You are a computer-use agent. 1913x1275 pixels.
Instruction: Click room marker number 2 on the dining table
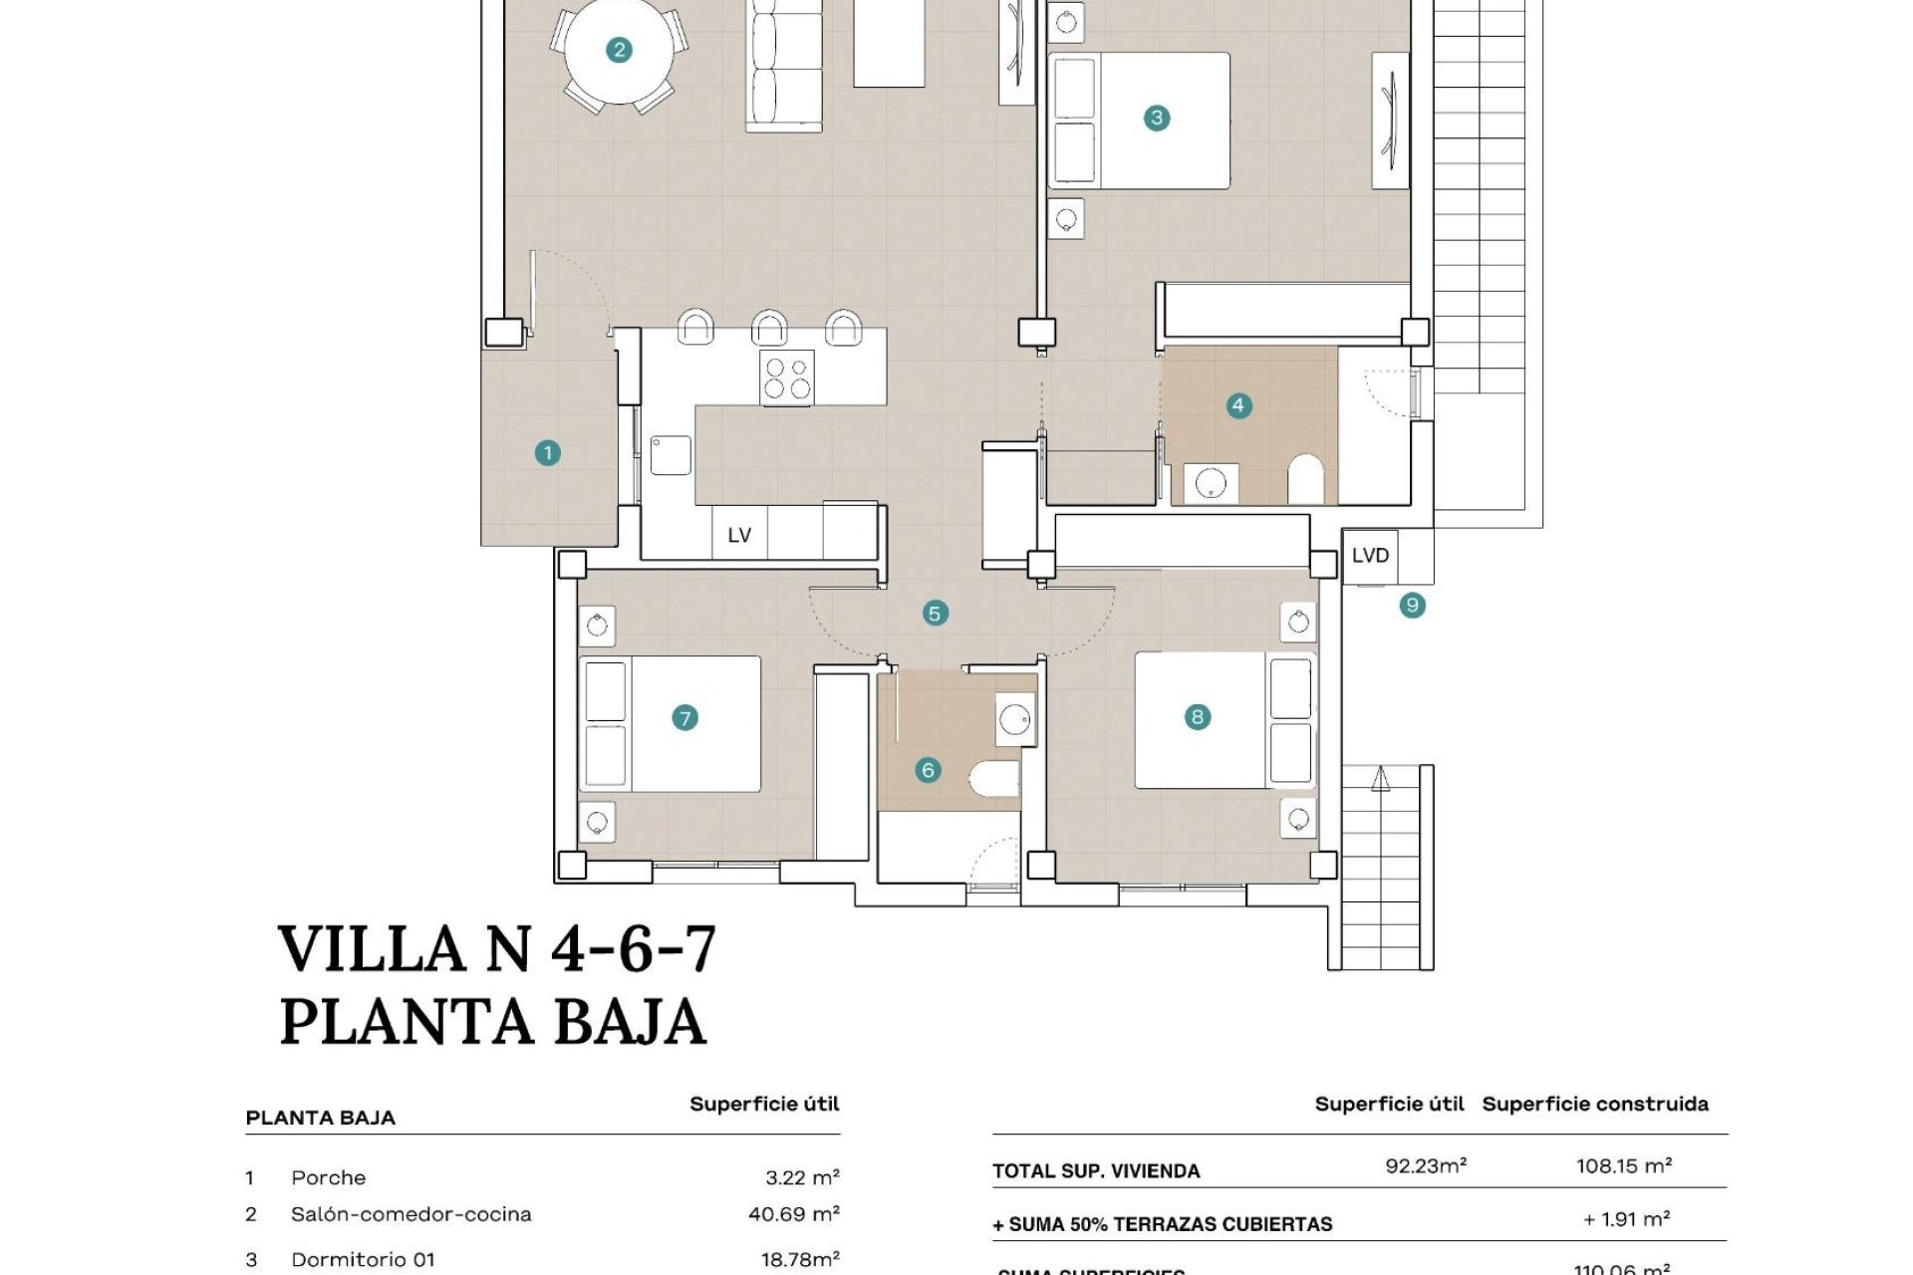click(619, 50)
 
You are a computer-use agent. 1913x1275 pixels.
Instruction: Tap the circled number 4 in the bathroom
click(1237, 405)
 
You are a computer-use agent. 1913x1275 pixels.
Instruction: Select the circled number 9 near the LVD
click(1412, 605)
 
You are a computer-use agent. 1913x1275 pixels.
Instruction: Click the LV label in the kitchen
click(739, 536)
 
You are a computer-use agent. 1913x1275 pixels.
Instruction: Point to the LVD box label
click(1370, 556)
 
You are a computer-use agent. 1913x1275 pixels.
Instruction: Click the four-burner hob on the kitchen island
click(787, 379)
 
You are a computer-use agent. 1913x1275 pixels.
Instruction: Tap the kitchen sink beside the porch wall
click(671, 454)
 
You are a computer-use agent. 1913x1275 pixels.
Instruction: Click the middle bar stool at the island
click(769, 327)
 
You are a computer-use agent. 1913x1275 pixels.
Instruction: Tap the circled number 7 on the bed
click(684, 717)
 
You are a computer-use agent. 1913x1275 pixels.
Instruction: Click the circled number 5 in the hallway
click(934, 613)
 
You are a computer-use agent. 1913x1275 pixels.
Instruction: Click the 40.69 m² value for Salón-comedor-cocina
click(793, 1214)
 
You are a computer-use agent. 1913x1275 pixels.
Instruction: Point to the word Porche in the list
click(328, 1177)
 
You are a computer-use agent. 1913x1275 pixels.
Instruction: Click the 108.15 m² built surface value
click(1623, 1166)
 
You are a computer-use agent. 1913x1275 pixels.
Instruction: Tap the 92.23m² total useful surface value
click(1425, 1166)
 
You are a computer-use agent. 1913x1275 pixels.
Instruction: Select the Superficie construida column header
click(1594, 1104)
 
